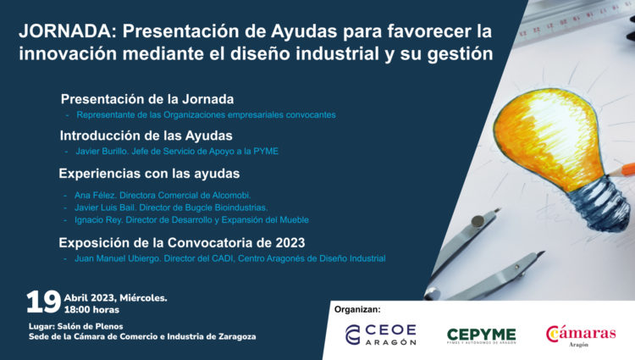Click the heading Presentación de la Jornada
point(146,98)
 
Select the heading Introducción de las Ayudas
point(146,135)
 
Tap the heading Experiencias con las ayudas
point(149,173)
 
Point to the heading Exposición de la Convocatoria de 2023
point(182,242)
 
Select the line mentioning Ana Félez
point(163,196)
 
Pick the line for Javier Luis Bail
point(171,208)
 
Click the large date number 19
point(42,302)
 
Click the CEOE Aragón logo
point(380,334)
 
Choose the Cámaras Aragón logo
point(581,335)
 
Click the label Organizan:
point(357,309)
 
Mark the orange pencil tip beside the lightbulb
point(627,169)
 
